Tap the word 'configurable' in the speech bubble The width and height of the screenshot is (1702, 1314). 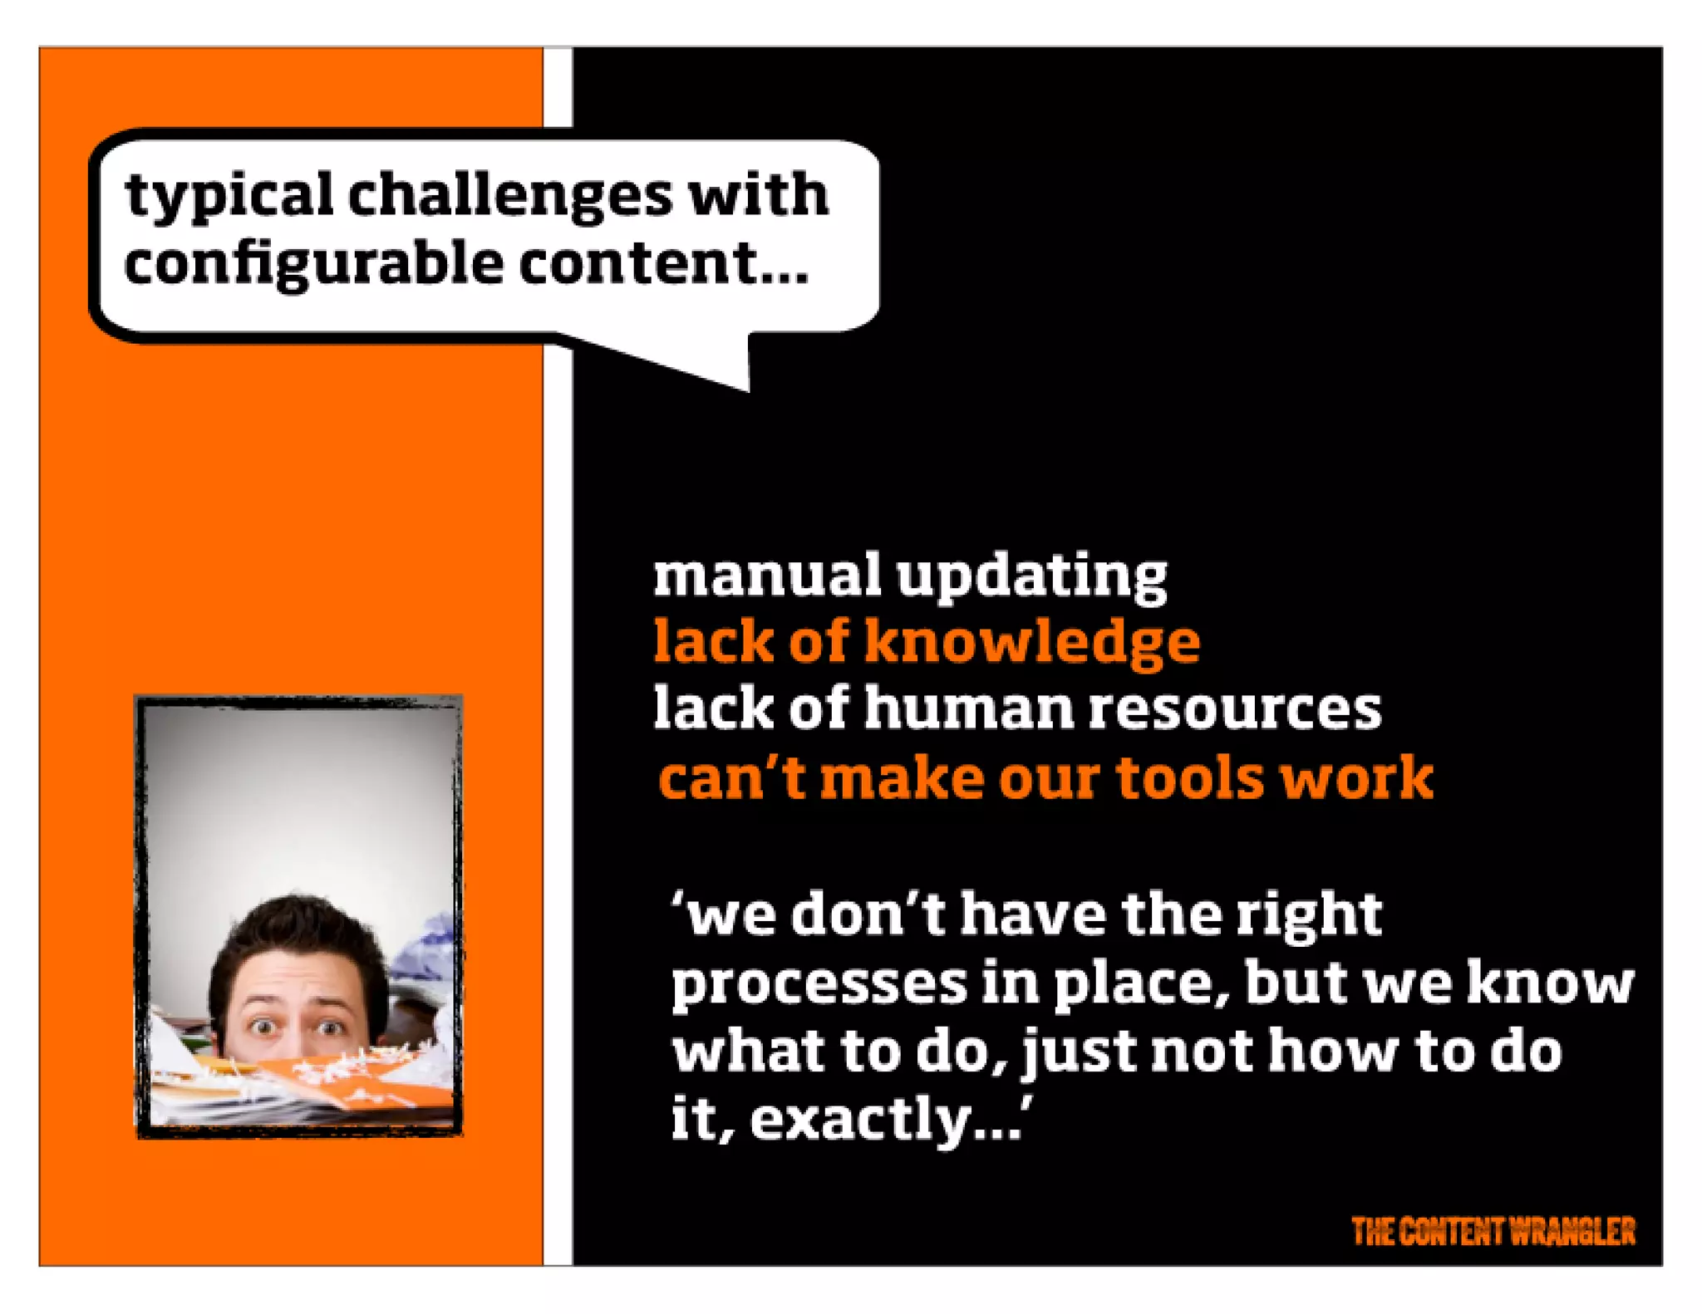[x=313, y=265]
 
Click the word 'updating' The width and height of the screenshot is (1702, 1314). [x=1031, y=576]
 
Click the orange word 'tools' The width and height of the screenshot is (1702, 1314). [x=1189, y=778]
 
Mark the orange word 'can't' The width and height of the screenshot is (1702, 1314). [x=732, y=778]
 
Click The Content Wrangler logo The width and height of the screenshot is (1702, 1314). [x=1493, y=1231]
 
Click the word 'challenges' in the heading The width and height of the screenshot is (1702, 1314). [x=509, y=196]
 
